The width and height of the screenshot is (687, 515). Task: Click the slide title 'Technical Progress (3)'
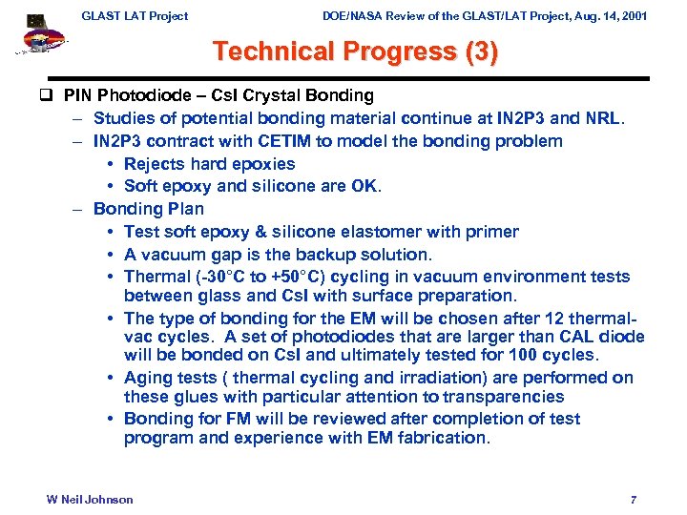(x=355, y=51)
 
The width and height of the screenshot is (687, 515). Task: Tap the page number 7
(x=634, y=500)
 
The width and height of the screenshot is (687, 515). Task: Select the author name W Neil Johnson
(x=90, y=500)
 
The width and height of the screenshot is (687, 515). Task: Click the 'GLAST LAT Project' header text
(x=135, y=15)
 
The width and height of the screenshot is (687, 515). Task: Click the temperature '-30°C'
(x=221, y=277)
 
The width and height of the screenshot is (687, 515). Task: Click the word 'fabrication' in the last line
(x=443, y=438)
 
